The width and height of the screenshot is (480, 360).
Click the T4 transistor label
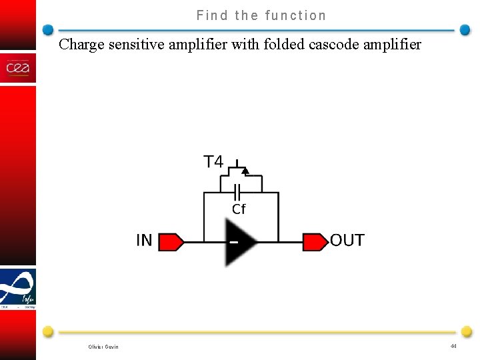[213, 162]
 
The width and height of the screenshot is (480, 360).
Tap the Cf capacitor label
[239, 209]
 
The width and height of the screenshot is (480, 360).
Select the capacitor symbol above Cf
[237, 193]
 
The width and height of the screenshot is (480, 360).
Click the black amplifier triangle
[240, 241]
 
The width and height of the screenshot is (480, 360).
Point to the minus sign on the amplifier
[233, 242]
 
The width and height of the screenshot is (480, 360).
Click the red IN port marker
[171, 241]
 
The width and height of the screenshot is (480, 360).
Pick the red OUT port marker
[315, 241]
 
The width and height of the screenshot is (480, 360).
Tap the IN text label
[144, 241]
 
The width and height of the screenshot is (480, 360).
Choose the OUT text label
[347, 241]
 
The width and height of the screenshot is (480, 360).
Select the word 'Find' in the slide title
[213, 15]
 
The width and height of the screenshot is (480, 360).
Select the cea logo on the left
[17, 68]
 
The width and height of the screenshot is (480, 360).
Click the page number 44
[453, 346]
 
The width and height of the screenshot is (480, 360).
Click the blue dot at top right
[465, 30]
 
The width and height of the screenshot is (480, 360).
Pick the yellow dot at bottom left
[48, 331]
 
